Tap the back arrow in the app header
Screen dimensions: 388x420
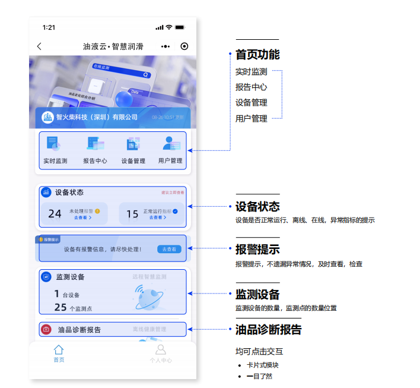click(39, 46)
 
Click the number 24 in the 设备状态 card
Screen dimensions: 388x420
click(55, 214)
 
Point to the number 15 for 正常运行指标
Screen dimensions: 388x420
click(132, 214)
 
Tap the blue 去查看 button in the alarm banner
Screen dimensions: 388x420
click(170, 250)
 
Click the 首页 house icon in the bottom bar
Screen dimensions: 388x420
click(59, 350)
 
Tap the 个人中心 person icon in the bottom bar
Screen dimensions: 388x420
click(160, 350)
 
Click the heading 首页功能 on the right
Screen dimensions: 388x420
click(257, 55)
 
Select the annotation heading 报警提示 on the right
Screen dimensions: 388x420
click(257, 250)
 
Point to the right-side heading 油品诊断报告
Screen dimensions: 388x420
click(268, 330)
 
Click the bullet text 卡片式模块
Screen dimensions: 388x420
click(262, 365)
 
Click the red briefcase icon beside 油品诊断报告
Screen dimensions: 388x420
click(46, 329)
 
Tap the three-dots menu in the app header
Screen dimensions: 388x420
click(166, 46)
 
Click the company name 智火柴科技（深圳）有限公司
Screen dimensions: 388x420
click(97, 117)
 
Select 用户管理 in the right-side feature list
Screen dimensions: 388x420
click(251, 118)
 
